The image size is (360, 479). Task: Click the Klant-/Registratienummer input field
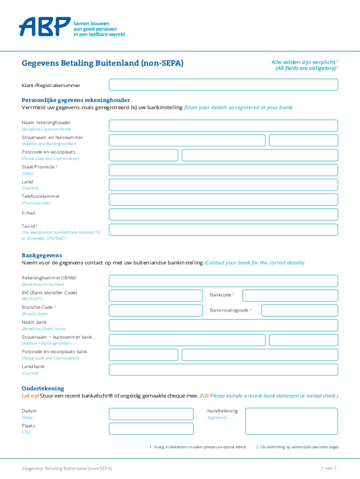tap(223, 85)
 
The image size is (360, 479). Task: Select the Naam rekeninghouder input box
tap(223, 125)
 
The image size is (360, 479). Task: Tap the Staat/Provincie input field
tap(223, 170)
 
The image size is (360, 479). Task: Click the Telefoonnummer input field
tap(223, 200)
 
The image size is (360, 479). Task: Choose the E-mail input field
tap(223, 214)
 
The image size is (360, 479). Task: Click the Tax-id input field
tap(223, 229)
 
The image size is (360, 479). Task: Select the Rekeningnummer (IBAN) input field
tap(223, 281)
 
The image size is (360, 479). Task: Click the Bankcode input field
tap(290, 296)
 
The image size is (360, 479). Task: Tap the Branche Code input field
tap(156, 310)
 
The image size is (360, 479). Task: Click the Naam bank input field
tap(223, 325)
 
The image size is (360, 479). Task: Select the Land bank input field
tap(223, 370)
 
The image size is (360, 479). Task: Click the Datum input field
tap(151, 414)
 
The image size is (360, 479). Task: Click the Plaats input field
tap(151, 428)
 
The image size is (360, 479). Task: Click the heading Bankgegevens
tap(42, 255)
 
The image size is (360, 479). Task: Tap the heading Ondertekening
tap(43, 388)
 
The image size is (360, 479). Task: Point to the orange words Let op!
tap(30, 396)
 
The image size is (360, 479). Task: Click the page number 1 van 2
tap(328, 468)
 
